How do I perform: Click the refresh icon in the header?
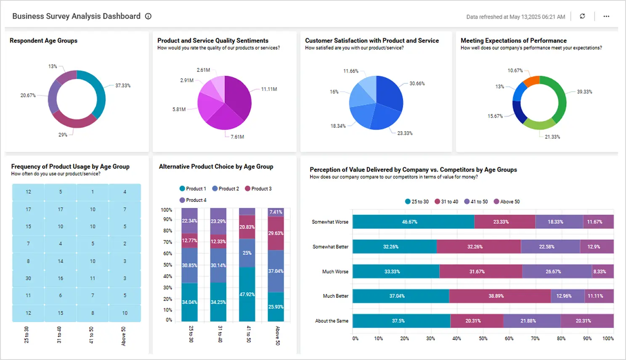point(582,16)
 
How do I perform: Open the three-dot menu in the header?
point(606,16)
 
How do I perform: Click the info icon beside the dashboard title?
point(148,16)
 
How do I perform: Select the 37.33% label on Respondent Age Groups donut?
point(123,86)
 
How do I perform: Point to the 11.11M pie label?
point(269,89)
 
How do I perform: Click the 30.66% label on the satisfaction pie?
point(417,84)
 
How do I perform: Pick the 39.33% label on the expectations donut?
point(584,92)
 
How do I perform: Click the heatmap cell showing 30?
point(28,278)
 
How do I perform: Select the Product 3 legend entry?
point(258,189)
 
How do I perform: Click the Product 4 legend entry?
point(193,200)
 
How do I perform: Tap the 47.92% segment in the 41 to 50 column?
point(247,294)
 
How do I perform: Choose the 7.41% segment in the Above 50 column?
point(276,212)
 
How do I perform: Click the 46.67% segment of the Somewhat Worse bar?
point(409,222)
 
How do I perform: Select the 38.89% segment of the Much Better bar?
point(496,296)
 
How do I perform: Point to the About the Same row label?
point(332,321)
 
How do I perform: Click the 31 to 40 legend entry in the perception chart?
point(446,202)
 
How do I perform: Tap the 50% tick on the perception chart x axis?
point(483,339)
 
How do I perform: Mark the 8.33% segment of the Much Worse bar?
point(599,272)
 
